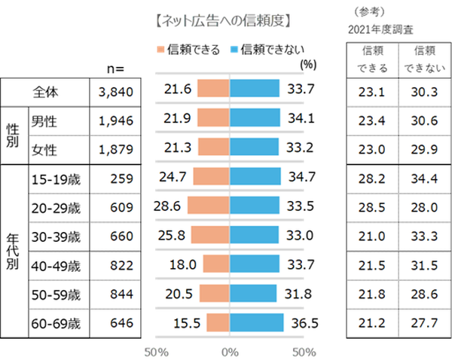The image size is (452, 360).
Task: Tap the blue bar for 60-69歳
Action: [257, 323]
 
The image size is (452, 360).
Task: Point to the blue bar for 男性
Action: [255, 118]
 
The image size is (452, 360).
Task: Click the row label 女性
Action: [47, 148]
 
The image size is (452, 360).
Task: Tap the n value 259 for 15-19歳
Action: [121, 178]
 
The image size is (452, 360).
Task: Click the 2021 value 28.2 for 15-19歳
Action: [372, 178]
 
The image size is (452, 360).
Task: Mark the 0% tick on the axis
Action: [230, 351]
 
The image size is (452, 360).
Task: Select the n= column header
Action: [115, 69]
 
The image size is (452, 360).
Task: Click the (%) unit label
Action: [307, 65]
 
